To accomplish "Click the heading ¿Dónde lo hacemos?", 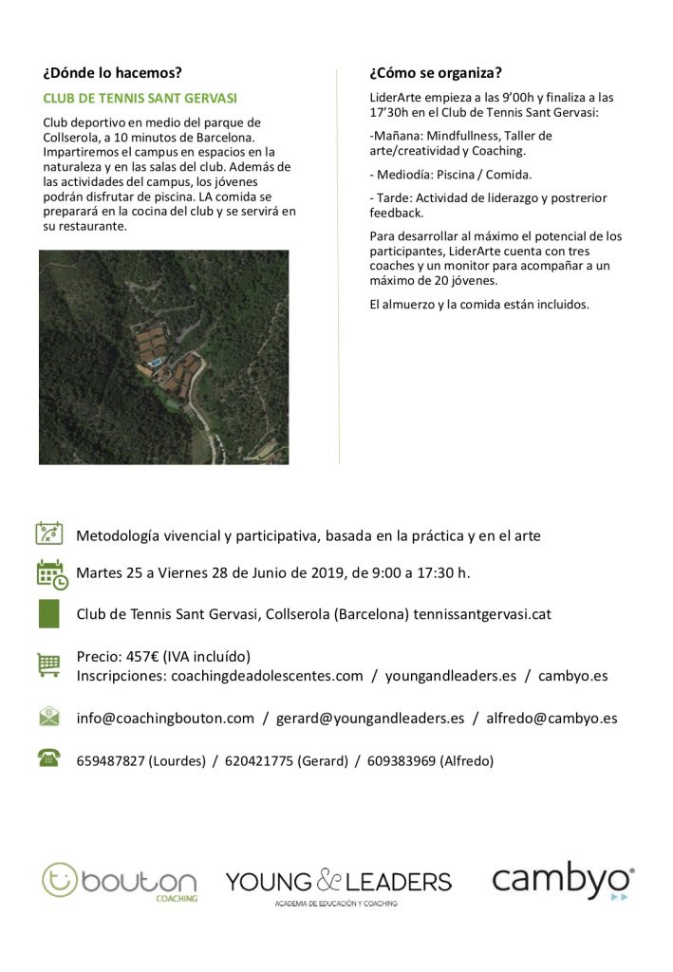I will (112, 72).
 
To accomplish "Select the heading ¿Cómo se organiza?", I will (436, 72).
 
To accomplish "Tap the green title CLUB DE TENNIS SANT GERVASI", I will (140, 98).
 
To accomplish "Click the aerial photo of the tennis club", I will (163, 357).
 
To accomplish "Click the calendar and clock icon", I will (50, 574).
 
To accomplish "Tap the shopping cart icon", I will (48, 664).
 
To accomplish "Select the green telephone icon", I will (48, 757).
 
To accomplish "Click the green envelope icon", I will (48, 717).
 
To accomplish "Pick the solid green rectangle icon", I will (48, 613).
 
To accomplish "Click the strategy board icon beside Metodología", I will (49, 533).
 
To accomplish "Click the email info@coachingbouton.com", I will (165, 719).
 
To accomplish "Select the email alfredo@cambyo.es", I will (551, 719).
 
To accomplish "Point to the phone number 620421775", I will (256, 760).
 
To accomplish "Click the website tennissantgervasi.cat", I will (482, 614).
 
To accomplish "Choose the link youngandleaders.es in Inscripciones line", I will (452, 676).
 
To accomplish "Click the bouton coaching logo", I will (120, 882).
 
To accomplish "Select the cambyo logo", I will (563, 881).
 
